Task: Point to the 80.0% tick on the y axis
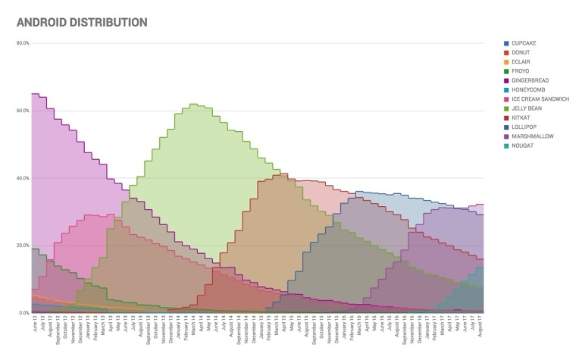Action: click(23, 43)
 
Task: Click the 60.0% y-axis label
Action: click(23, 111)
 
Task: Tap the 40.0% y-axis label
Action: click(23, 178)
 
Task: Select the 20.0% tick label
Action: click(23, 246)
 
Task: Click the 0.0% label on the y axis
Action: click(23, 313)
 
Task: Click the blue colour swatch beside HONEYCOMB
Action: click(505, 90)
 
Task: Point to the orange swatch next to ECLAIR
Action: click(505, 62)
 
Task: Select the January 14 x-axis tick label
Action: click(178, 331)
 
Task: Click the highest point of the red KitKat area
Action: click(283, 174)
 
